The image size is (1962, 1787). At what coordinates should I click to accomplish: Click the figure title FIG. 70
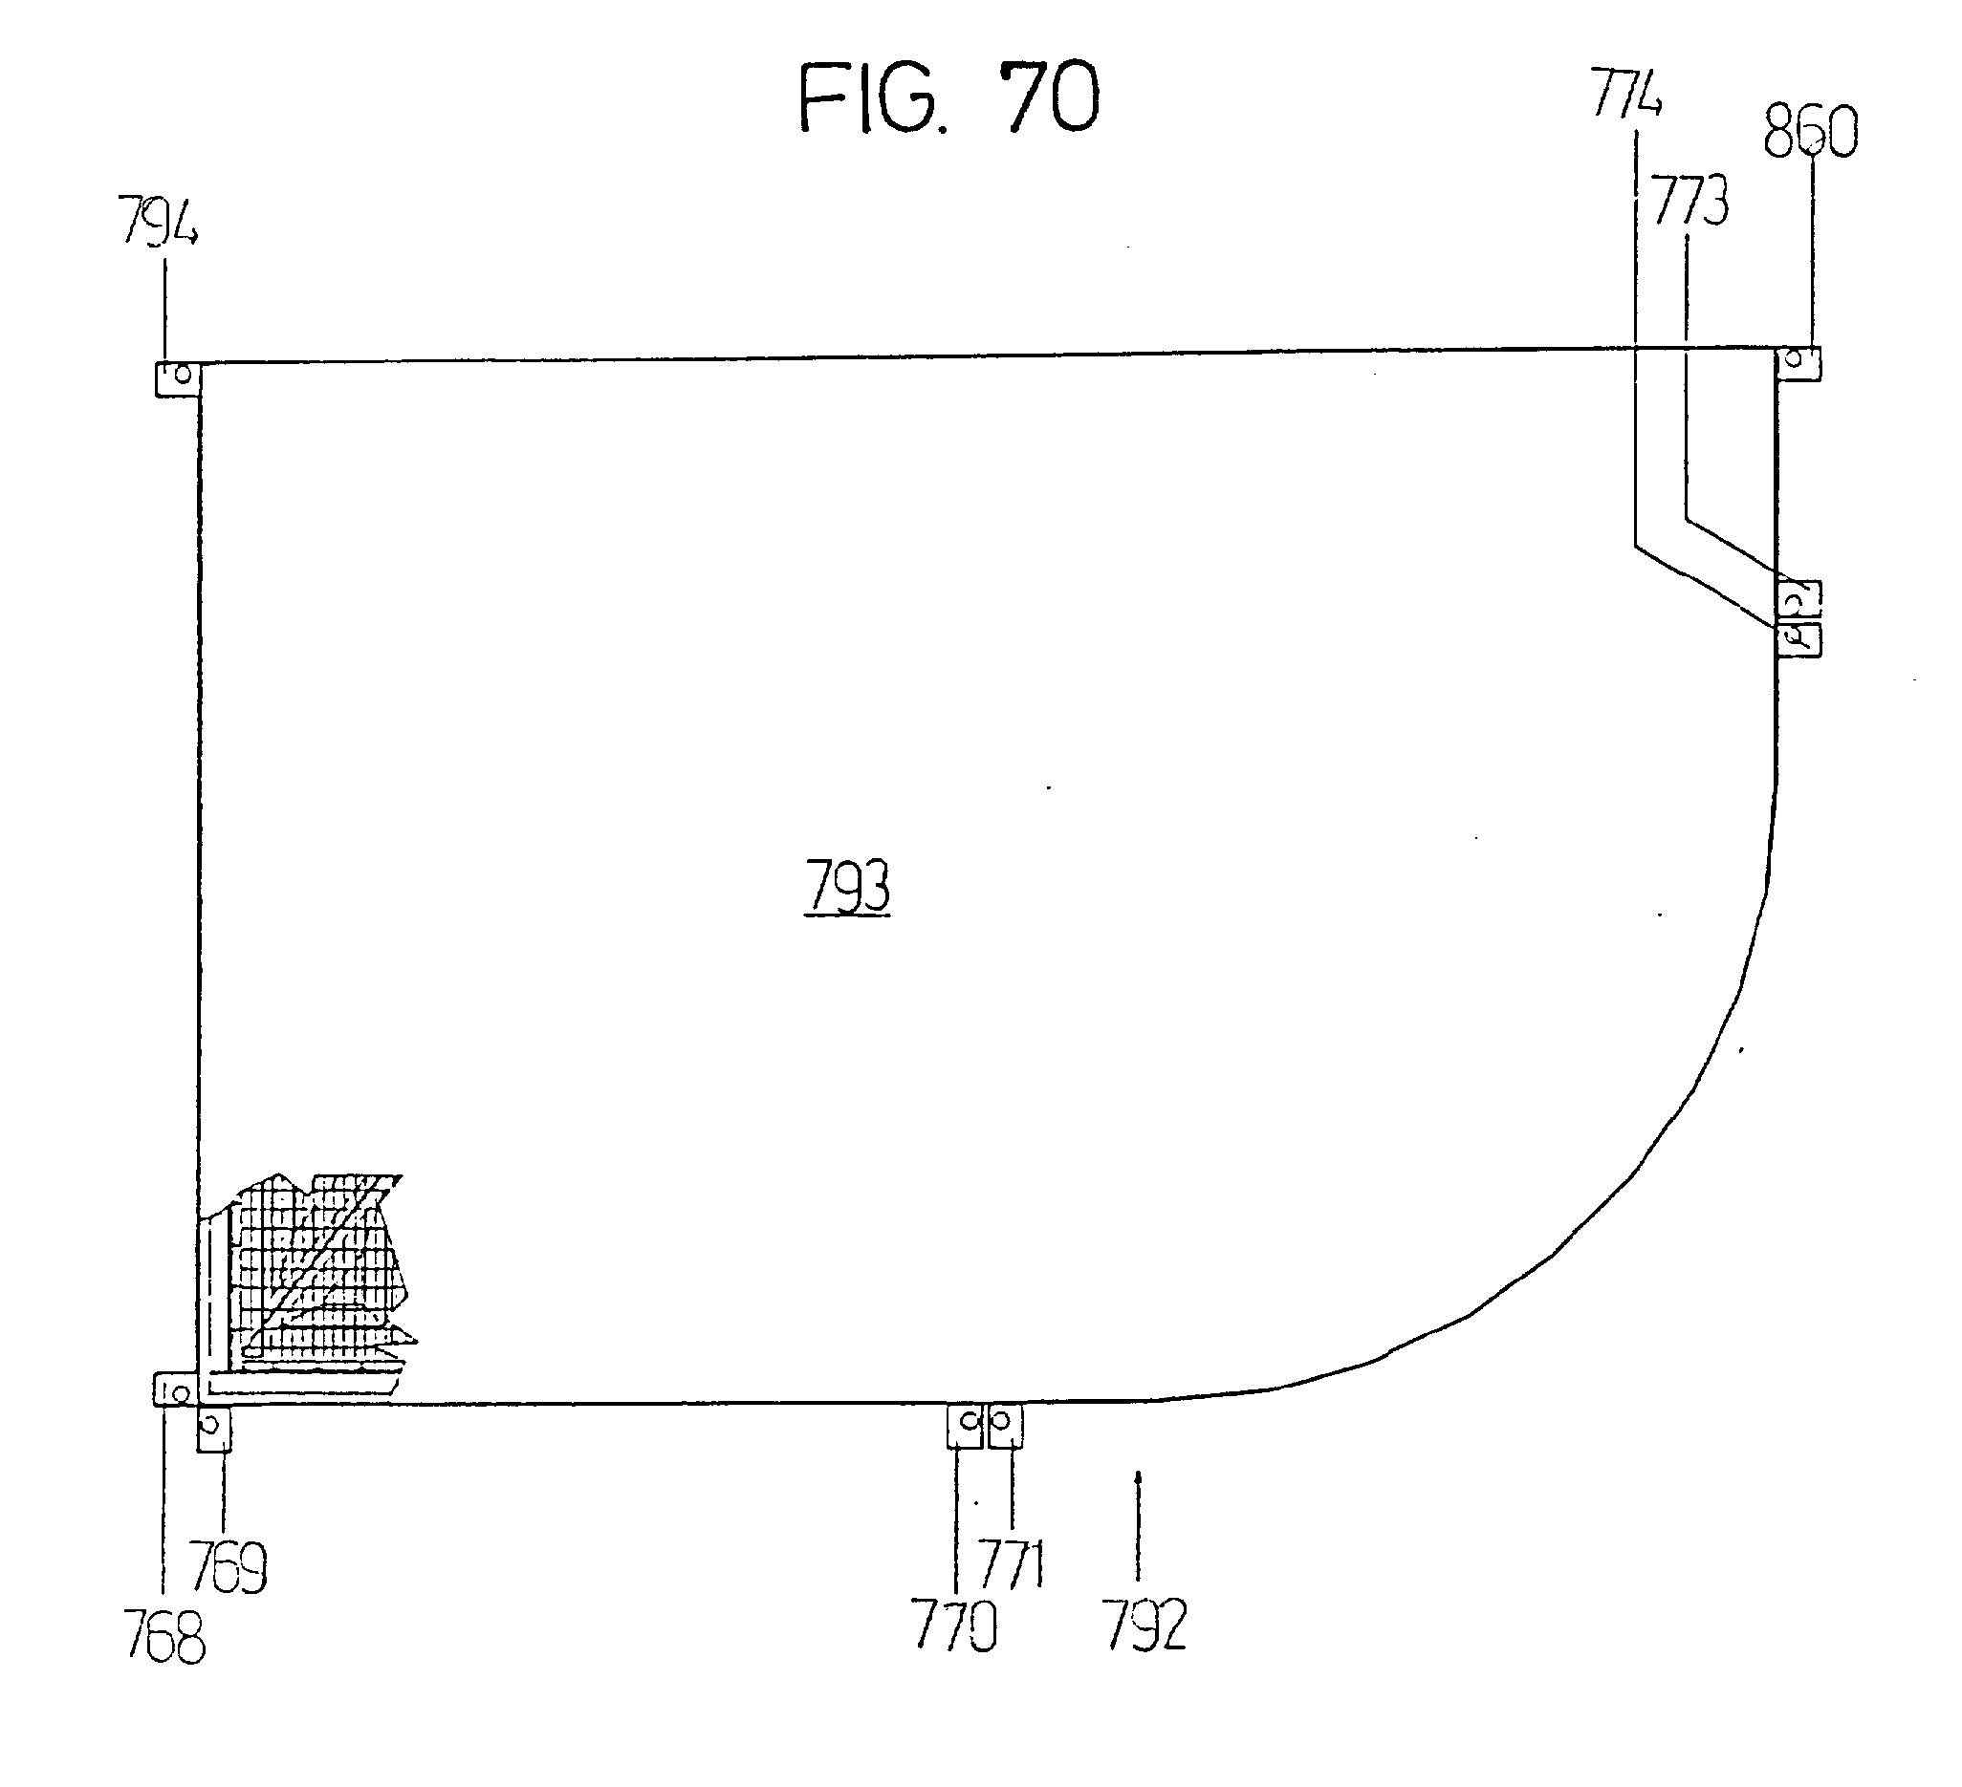948,97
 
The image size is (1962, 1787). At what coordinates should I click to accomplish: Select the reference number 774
1627,93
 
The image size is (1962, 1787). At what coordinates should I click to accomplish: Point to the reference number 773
1691,201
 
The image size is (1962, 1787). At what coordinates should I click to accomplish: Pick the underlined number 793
847,887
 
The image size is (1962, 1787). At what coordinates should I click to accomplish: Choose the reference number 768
165,1636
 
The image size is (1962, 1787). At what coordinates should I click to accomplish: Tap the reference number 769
229,1567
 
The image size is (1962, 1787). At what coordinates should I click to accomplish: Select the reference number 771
1013,1563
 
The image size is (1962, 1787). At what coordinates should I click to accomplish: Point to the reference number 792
1144,1626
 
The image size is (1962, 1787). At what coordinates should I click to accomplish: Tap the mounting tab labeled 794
178,378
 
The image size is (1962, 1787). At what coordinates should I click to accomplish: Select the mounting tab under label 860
1798,363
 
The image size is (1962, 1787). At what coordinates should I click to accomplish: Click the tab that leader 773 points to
1799,598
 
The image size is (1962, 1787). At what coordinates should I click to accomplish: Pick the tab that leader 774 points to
1799,639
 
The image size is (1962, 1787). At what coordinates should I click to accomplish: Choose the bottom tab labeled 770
966,1426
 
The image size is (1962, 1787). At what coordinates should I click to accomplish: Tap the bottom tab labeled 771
1005,1426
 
